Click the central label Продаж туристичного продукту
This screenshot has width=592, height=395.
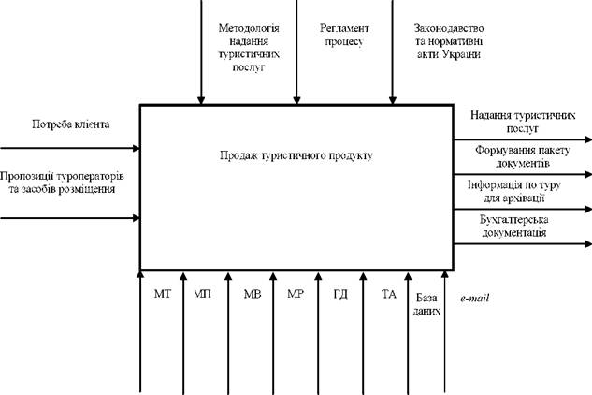(x=296, y=155)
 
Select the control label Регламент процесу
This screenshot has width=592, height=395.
(x=344, y=35)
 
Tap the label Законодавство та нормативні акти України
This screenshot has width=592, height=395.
(x=449, y=41)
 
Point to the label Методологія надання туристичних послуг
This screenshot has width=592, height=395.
(x=249, y=48)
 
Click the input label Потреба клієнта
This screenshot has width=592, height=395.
(x=71, y=124)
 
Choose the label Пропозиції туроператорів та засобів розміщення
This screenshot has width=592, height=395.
(x=62, y=183)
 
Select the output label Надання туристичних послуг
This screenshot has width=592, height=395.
(x=523, y=122)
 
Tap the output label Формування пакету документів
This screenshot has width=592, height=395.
(x=523, y=156)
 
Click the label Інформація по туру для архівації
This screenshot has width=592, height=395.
(x=514, y=191)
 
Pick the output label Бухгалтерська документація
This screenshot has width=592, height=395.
(x=514, y=226)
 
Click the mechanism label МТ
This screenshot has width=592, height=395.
(x=163, y=294)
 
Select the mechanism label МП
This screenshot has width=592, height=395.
(x=202, y=294)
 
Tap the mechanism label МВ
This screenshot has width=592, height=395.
(x=253, y=294)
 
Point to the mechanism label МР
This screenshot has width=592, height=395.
(x=296, y=294)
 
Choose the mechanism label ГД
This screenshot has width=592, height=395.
(x=340, y=294)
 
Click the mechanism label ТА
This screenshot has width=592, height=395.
(x=389, y=294)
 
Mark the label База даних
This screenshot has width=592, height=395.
(x=426, y=304)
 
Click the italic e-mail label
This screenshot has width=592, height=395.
(x=474, y=299)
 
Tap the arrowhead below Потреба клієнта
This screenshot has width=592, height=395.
(x=137, y=148)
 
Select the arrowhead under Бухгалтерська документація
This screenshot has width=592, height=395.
(x=588, y=244)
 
